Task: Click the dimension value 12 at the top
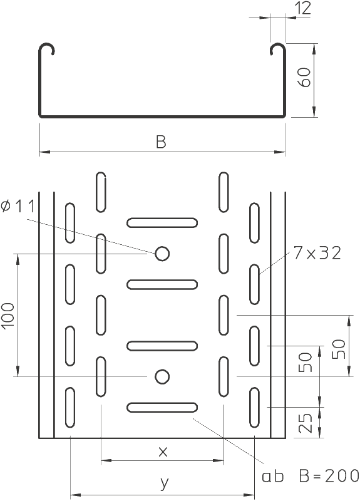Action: coord(303,8)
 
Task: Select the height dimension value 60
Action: coord(305,77)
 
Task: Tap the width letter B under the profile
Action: coord(162,142)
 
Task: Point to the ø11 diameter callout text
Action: coord(18,207)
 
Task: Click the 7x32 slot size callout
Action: coord(317,254)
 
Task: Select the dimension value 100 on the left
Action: coord(8,315)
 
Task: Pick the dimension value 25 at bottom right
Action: coord(305,423)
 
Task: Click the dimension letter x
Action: coord(163,452)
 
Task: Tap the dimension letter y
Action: coord(164,483)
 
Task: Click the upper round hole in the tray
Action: coord(162,254)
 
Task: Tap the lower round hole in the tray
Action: coord(162,377)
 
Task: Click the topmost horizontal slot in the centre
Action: coord(162,223)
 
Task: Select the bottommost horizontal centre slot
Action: coord(162,408)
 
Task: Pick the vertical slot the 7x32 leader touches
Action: coord(255,284)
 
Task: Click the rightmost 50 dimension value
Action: coord(339,349)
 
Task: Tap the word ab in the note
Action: coord(273,476)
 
